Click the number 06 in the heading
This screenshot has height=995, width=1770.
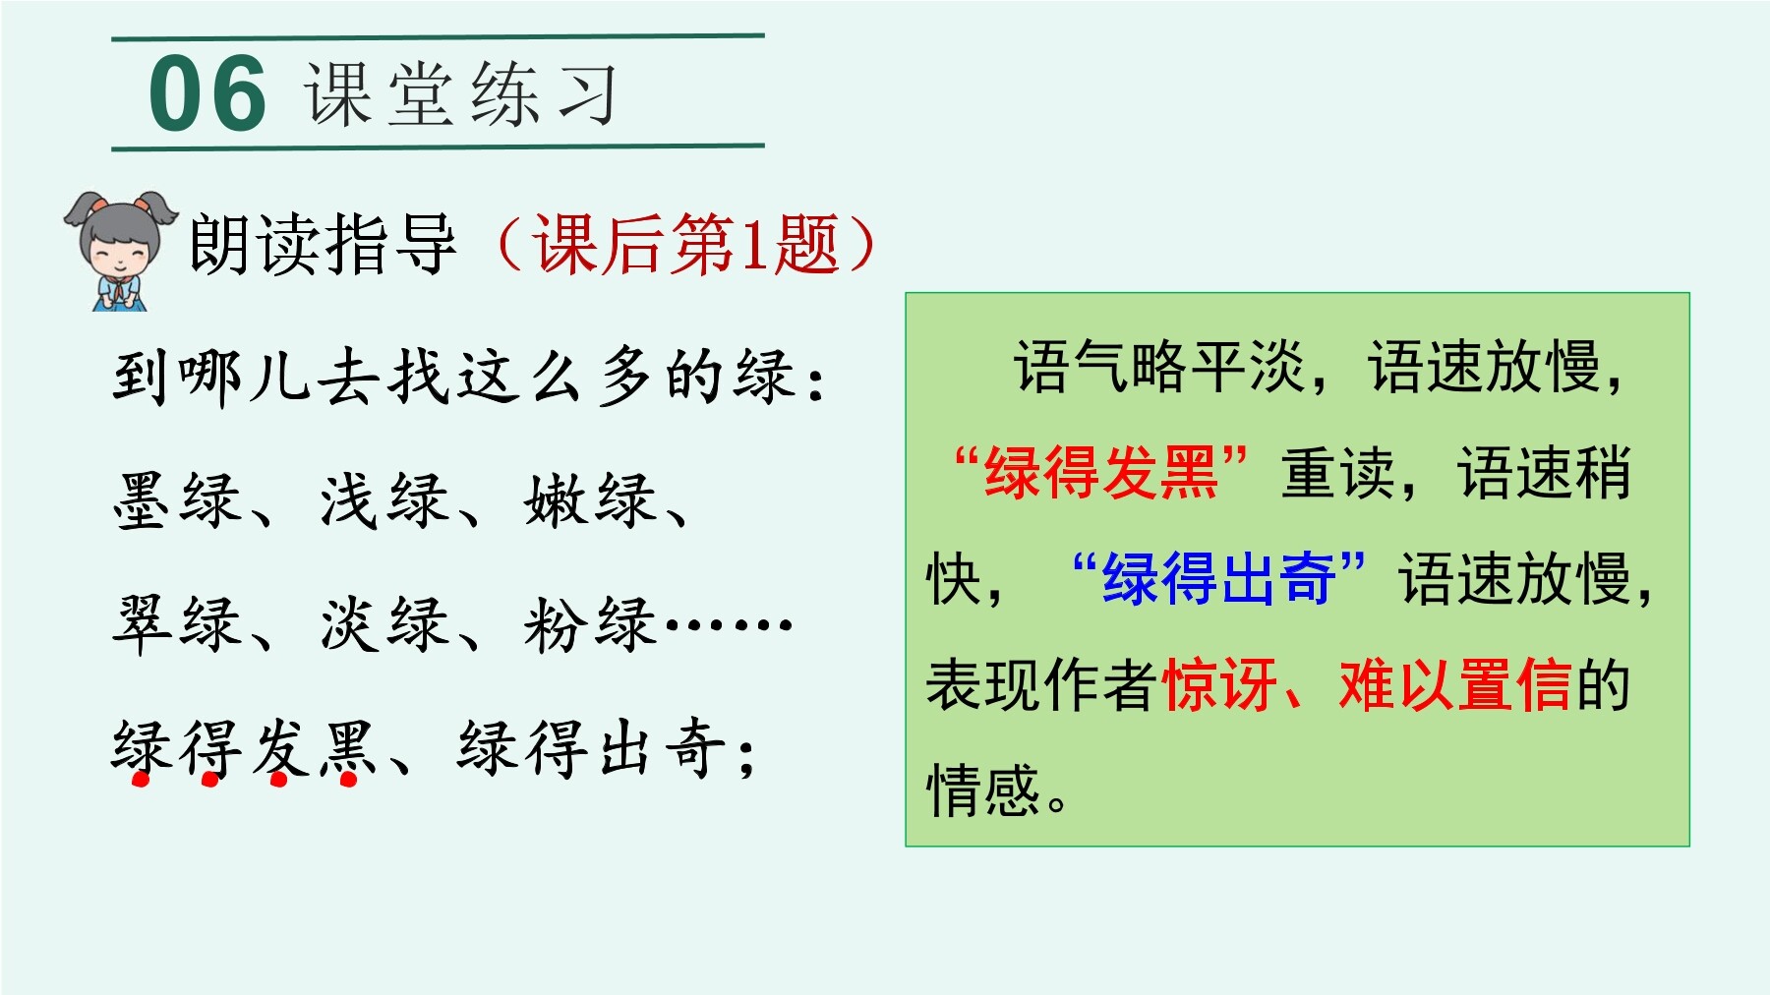coord(207,93)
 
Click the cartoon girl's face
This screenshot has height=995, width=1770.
coord(120,246)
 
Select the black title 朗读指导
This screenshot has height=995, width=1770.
coord(323,244)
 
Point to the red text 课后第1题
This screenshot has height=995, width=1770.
coord(686,244)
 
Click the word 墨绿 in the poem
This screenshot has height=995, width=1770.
coord(178,500)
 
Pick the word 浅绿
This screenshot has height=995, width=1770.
coord(383,500)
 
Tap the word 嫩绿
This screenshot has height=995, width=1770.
coord(590,500)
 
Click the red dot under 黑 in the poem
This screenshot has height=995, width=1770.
coord(348,781)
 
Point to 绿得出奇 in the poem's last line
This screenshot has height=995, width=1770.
coord(593,748)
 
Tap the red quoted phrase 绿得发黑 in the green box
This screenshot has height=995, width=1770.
coord(1101,473)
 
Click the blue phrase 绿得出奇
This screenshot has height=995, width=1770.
coord(1219,578)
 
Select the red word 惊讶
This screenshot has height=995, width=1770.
coord(1219,684)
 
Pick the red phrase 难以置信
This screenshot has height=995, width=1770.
coord(1455,684)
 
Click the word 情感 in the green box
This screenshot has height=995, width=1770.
coord(983,790)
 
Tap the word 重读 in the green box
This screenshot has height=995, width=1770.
coord(1338,473)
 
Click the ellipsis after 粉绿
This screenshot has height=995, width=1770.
coord(729,623)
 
